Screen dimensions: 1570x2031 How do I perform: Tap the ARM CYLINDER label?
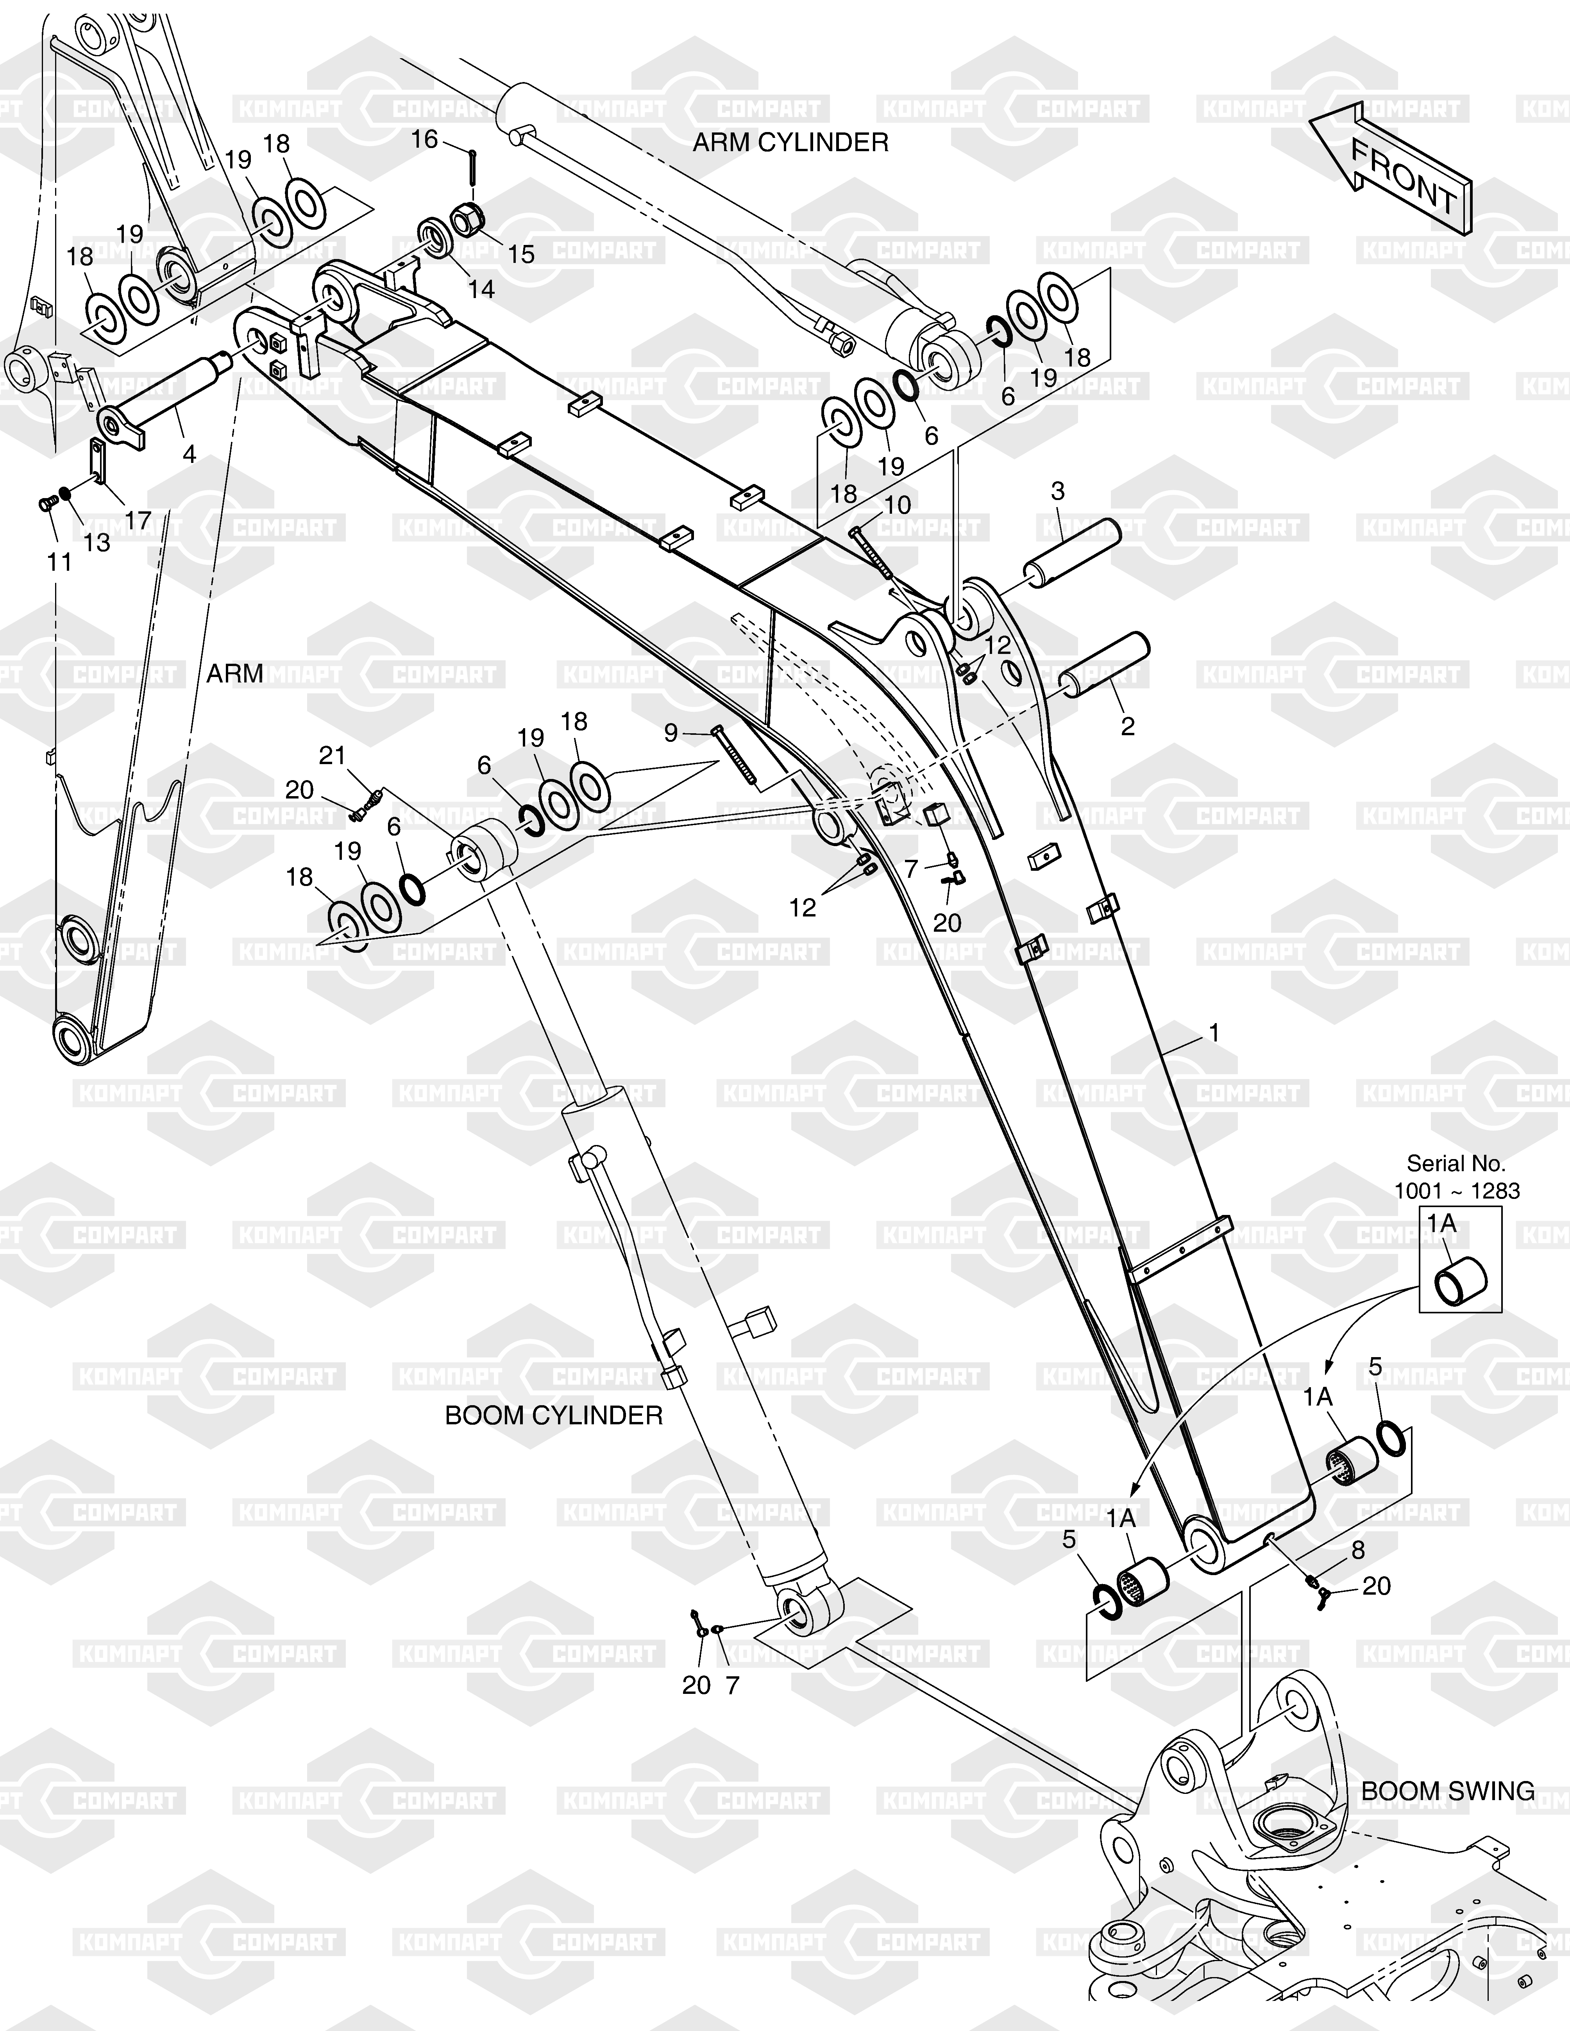click(x=790, y=142)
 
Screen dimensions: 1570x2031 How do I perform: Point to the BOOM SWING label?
click(x=1448, y=1790)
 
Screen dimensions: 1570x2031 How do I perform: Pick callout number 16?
click(x=424, y=139)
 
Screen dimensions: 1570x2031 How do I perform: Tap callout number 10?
click(x=898, y=505)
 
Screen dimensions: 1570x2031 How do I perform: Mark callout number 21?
click(x=332, y=756)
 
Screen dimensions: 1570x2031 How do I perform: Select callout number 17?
click(x=138, y=521)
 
